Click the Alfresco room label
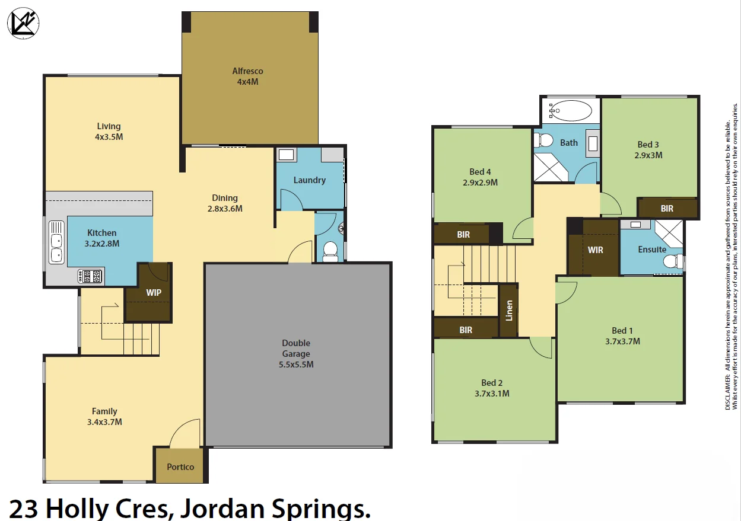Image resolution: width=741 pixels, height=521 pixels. click(247, 71)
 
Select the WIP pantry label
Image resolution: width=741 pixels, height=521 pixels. click(154, 292)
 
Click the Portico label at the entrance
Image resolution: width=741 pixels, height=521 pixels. click(180, 466)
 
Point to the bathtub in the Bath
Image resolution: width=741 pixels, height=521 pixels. click(570, 111)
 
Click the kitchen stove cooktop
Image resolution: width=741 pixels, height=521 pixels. click(90, 276)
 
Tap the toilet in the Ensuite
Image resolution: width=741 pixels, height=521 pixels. click(673, 261)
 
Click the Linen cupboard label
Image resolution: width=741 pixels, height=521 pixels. click(509, 311)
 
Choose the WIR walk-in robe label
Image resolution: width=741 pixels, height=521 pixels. click(596, 250)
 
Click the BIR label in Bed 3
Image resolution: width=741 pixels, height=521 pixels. click(667, 209)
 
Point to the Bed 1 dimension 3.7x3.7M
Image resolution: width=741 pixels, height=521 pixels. click(622, 341)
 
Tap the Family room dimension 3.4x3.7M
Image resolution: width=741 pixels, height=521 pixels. click(104, 422)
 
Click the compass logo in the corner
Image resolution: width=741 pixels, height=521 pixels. click(23, 24)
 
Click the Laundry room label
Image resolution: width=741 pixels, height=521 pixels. click(309, 180)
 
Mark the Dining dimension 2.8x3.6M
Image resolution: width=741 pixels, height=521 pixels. click(225, 209)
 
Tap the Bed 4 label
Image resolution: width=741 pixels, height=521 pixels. click(480, 172)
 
